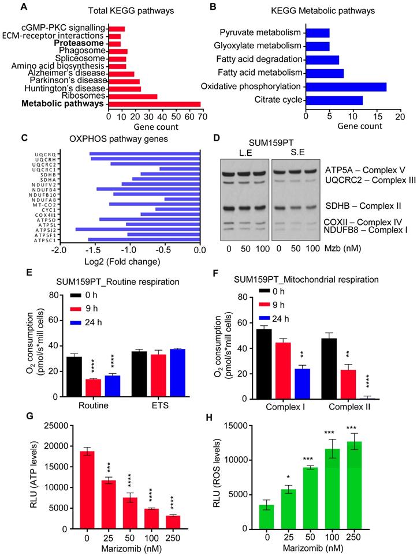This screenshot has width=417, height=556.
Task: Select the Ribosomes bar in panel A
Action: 133,96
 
